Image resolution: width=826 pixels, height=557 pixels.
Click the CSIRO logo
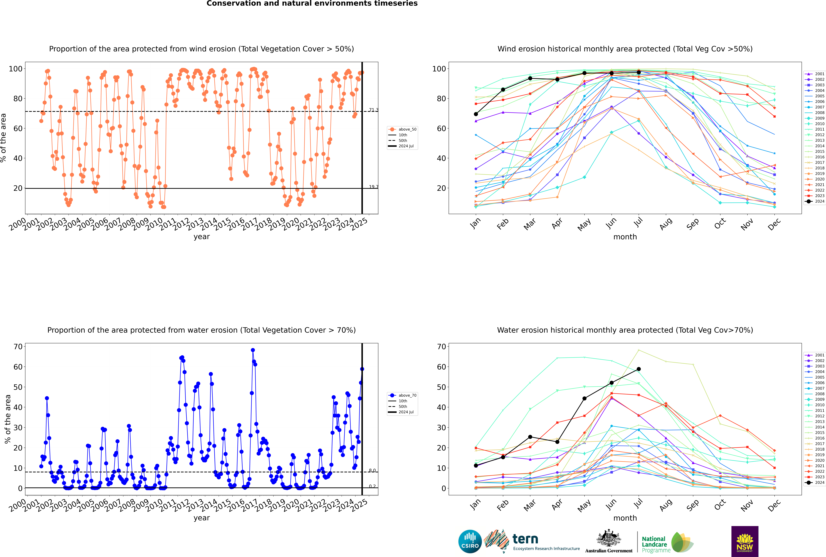[470, 541]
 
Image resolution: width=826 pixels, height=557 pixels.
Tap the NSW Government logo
[745, 541]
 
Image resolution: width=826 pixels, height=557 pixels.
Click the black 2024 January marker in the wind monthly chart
[476, 114]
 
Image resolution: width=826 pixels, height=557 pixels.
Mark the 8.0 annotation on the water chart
[372, 470]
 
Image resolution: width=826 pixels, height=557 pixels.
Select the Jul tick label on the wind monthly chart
[638, 222]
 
